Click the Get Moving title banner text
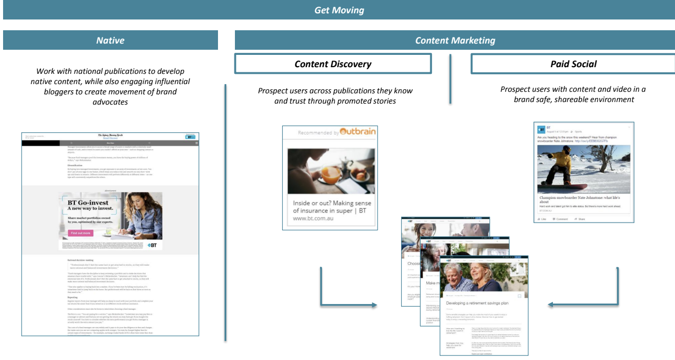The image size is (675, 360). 339,10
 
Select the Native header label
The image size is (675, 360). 110,41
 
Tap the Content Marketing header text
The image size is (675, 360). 455,41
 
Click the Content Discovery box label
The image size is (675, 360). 333,64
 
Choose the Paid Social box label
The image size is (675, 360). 573,64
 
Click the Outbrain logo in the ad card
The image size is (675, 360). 358,132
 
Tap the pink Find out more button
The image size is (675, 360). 81,233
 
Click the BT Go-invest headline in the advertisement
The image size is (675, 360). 88,203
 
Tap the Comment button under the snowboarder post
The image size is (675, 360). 560,219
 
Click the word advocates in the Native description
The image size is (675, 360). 110,103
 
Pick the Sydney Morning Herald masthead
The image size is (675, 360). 110,136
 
